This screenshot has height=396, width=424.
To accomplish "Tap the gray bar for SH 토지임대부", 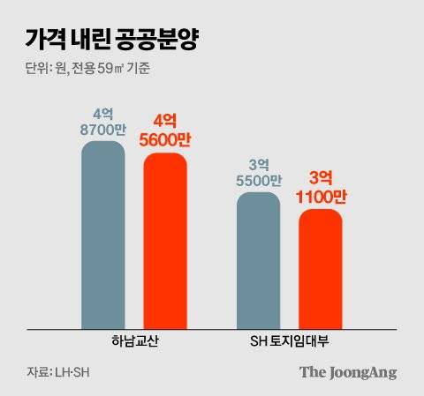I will pos(259,260).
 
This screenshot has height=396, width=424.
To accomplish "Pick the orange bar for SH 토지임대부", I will pos(320,269).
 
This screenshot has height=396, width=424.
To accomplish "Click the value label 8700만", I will pos(103,129).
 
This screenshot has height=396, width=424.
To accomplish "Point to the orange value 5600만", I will pos(165,139).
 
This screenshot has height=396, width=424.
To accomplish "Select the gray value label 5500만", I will pos(259,180).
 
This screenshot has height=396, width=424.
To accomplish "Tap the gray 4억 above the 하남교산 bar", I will pos(103,113).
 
